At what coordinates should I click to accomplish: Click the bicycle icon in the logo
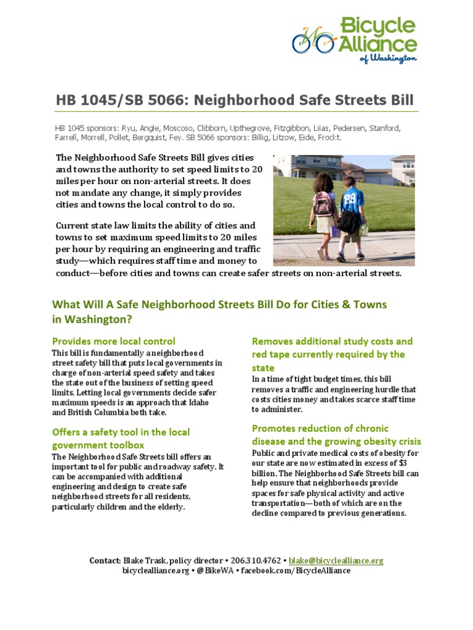(315, 41)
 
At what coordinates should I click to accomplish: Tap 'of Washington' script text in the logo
(389, 58)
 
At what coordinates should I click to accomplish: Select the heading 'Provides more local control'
(113, 341)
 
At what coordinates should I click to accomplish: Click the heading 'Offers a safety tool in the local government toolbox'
(121, 438)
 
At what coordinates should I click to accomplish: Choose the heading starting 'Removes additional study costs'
(332, 354)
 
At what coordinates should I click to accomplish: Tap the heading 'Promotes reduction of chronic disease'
(336, 435)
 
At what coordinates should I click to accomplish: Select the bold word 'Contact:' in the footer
(105, 560)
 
